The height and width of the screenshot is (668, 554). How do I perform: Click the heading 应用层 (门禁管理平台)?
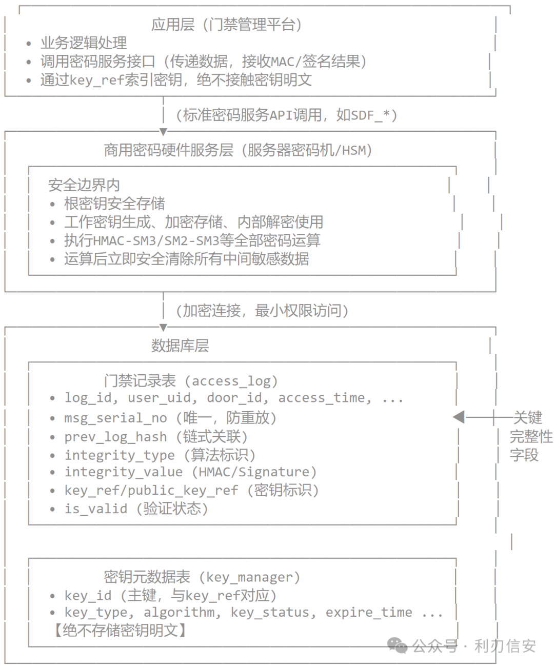coord(227,25)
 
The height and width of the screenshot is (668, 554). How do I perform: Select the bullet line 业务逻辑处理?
coord(84,43)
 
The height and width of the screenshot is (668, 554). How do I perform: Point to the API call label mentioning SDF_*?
coord(287,115)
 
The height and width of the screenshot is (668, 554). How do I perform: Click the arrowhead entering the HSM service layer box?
coord(163,131)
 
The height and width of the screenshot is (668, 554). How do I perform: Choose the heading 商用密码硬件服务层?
coord(169,150)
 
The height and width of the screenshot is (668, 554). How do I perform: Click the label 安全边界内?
coord(84,185)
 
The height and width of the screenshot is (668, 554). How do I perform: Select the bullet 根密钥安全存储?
coord(114,204)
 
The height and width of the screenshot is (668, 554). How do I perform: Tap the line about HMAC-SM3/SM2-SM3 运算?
coord(192,240)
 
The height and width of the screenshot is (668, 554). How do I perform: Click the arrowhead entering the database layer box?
coord(163,327)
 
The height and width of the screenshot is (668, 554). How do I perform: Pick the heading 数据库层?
coord(180,346)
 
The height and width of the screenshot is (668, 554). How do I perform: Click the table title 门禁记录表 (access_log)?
coord(191,381)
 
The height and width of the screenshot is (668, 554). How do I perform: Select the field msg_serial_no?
coord(115,418)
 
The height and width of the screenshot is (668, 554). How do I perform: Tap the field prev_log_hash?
coord(115,437)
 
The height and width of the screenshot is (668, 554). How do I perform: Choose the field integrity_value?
coord(124,472)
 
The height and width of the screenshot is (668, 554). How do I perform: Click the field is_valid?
coord(96,509)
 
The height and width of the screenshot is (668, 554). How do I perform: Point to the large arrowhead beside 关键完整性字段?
coord(459,417)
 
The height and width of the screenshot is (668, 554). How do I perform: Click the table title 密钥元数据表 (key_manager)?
coord(202,577)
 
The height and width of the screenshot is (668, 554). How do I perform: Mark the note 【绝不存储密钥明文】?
coord(120,631)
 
